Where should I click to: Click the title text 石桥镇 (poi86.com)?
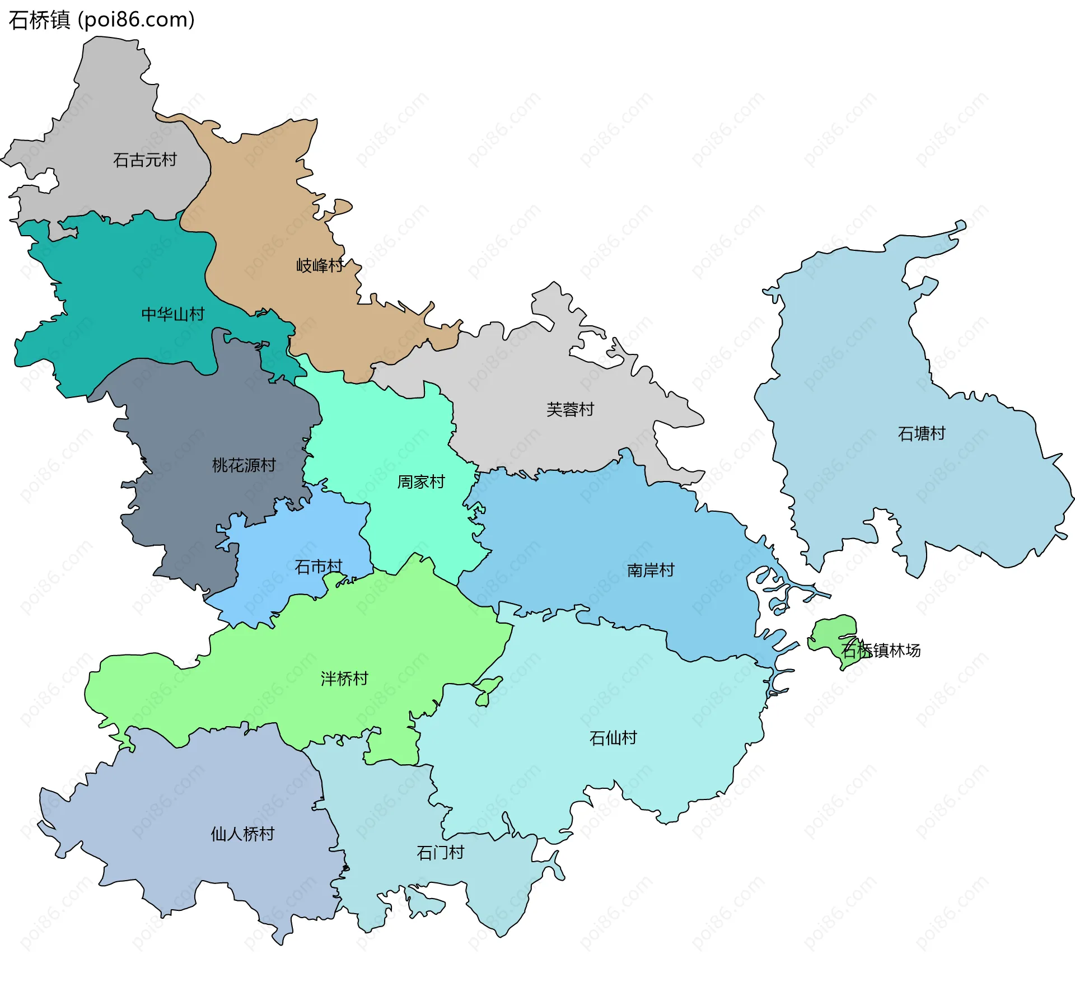(x=102, y=20)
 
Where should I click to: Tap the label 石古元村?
(x=145, y=160)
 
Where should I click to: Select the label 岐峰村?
(x=320, y=265)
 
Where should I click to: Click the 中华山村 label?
(x=173, y=314)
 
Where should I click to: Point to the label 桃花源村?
(x=244, y=465)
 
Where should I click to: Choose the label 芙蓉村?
(x=570, y=409)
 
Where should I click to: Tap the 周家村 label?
(x=420, y=481)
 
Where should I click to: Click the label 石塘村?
(x=922, y=433)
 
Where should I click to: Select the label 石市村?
(x=318, y=567)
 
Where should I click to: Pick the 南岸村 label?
(x=651, y=570)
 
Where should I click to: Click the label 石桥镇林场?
(x=881, y=650)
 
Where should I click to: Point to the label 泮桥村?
(x=344, y=679)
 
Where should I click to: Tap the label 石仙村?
(x=613, y=738)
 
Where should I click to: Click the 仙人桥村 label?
(x=242, y=834)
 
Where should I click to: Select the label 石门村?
(x=441, y=853)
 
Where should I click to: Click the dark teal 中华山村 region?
(x=112, y=280)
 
